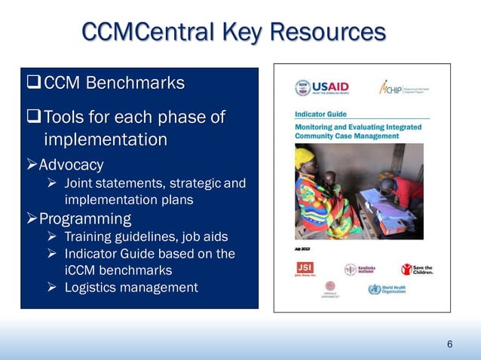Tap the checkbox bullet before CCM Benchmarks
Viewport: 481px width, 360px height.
[34, 82]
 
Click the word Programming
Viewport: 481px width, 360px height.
[84, 219]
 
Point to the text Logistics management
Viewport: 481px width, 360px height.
[131, 287]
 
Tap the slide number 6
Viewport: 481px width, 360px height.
[449, 344]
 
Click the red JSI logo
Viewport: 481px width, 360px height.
[305, 270]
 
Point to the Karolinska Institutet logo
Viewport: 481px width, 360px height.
[363, 270]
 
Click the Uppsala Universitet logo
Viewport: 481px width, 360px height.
[330, 290]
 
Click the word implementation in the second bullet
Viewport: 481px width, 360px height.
[106, 140]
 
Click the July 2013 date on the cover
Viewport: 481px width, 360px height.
[302, 246]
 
